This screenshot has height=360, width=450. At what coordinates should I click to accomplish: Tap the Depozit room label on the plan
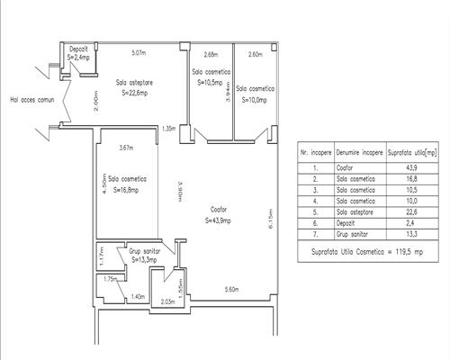click(78, 48)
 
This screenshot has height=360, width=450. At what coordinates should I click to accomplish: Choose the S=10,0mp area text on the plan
click(255, 100)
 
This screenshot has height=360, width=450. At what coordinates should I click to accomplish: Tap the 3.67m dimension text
click(125, 148)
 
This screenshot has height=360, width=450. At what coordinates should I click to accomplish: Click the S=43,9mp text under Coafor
click(217, 220)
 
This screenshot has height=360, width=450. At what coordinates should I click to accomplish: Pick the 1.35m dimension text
click(167, 129)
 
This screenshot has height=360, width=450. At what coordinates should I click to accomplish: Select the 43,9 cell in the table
click(406, 166)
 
